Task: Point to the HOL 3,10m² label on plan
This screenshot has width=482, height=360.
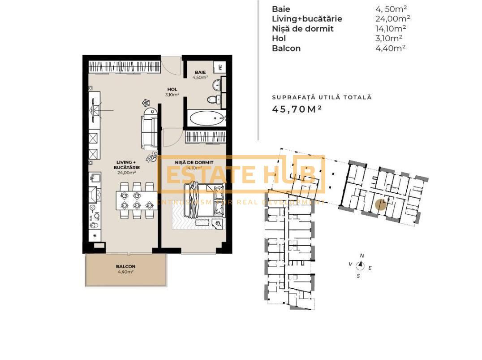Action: pos(172,92)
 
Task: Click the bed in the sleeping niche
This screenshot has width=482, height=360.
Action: pos(203,200)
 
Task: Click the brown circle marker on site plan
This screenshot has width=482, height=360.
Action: pos(380,204)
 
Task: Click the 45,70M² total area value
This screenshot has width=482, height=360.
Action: pos(297,109)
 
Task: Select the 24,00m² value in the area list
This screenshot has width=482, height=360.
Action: pos(393,19)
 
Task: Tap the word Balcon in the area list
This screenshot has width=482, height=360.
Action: pos(286,48)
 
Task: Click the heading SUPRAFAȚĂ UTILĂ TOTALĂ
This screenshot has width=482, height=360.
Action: pos(322,97)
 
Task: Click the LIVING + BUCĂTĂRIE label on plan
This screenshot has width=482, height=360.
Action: pos(126,167)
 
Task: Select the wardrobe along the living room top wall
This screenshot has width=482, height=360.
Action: pos(124,67)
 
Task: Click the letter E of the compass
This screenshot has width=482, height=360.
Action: pos(370,268)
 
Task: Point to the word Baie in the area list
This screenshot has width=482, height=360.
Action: pos(281,9)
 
